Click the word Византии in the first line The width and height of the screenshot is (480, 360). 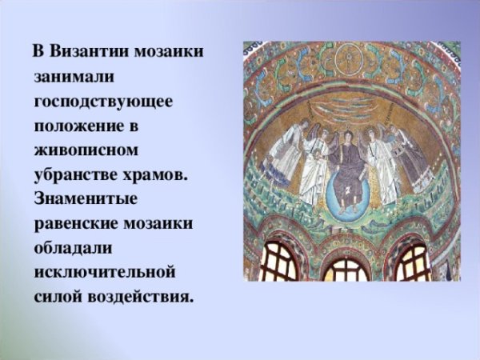(86, 53)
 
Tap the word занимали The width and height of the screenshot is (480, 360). (75, 77)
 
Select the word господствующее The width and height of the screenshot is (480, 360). (103, 102)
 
